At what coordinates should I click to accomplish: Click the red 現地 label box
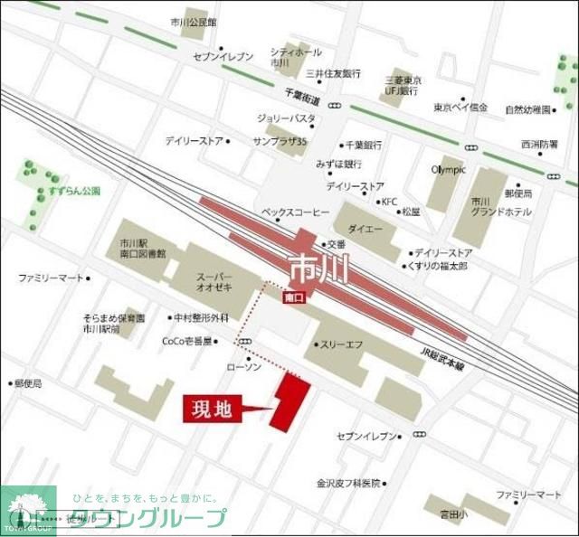[213, 409]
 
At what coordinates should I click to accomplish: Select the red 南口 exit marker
[293, 297]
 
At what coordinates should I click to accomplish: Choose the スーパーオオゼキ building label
[214, 279]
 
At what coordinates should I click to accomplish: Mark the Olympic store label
[447, 169]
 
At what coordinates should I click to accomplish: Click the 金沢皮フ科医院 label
[348, 483]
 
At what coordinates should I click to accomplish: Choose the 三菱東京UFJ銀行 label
[401, 85]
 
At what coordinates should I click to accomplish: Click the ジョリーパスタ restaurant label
[286, 118]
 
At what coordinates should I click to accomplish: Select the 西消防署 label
[539, 143]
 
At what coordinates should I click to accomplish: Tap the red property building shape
[290, 401]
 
